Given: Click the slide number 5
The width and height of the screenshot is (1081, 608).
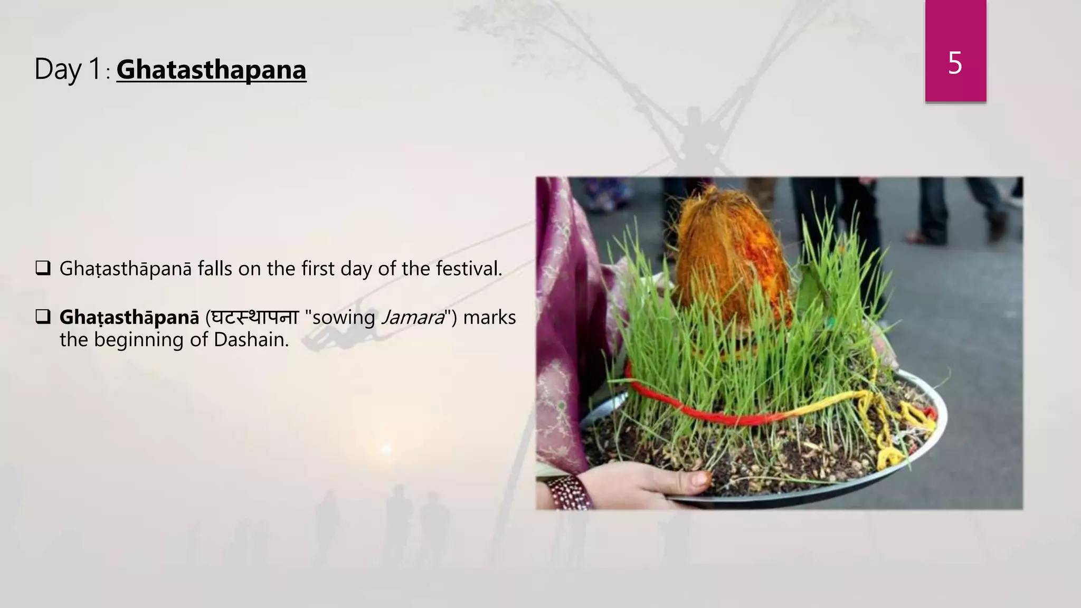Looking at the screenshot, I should point(955,63).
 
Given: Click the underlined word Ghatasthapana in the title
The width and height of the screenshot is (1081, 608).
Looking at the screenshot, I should point(211,70).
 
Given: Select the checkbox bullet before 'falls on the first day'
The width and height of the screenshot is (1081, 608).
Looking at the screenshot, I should point(43,268).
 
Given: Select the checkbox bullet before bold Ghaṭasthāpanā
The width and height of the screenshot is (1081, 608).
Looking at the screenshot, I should point(43,317).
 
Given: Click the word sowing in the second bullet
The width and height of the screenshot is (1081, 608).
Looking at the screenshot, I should point(344,318).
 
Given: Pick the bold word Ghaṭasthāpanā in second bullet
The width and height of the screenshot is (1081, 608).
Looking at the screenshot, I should point(129,317).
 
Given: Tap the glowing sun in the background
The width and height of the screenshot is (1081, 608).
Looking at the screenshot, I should point(386,449).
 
